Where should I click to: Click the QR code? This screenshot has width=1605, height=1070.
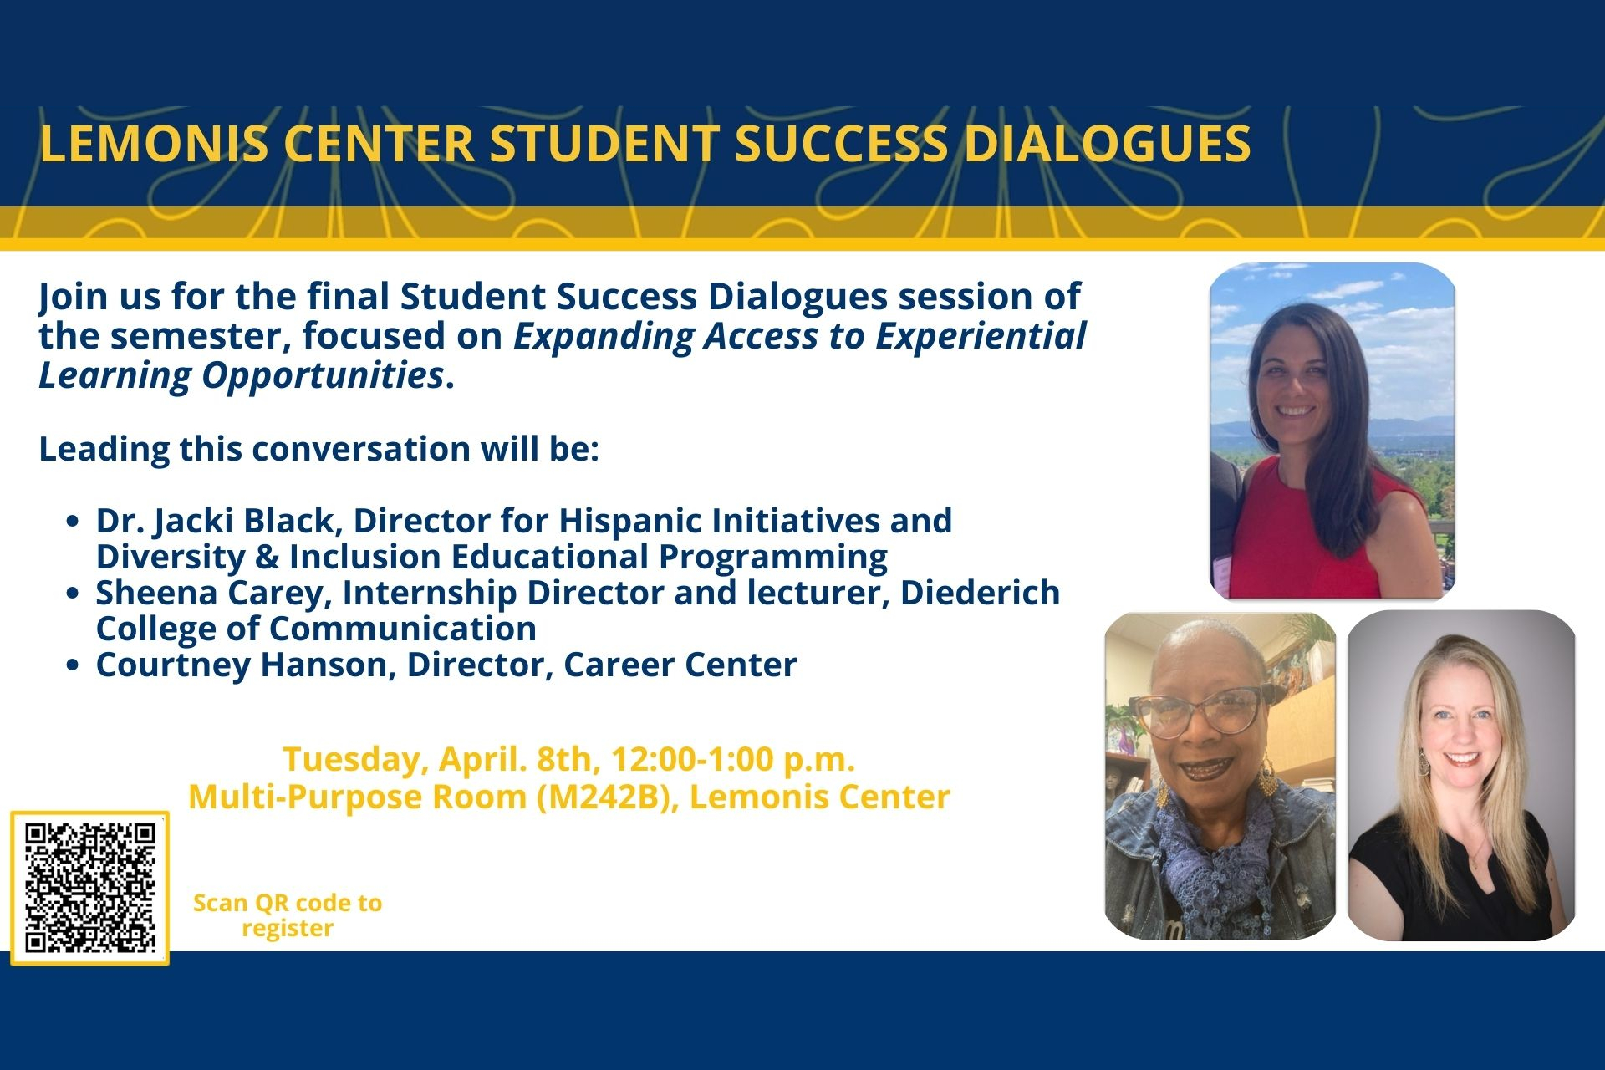[x=89, y=888]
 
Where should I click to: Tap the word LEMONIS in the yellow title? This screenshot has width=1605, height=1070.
[x=154, y=144]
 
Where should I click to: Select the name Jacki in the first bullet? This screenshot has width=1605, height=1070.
[x=194, y=522]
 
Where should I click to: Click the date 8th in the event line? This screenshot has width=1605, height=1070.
[x=565, y=760]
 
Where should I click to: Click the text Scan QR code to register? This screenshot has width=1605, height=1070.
[x=288, y=915]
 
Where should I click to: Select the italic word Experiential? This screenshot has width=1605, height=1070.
[x=981, y=337]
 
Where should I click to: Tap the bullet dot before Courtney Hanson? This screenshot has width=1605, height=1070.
[x=73, y=665]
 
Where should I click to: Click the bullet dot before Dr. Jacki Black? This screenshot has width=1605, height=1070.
[x=73, y=522]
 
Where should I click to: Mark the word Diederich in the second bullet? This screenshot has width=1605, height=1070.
[x=980, y=593]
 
